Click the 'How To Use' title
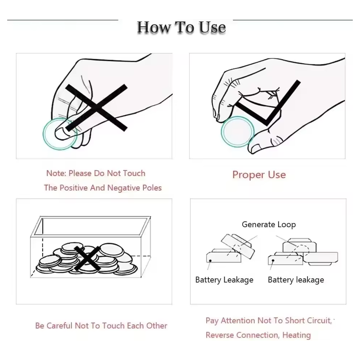(181, 27)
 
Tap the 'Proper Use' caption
(259, 175)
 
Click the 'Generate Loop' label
(269, 225)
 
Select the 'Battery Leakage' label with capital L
(224, 280)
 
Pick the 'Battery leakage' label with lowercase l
(296, 280)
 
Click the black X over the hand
(96, 108)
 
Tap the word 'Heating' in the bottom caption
(296, 335)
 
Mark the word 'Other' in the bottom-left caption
(157, 326)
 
